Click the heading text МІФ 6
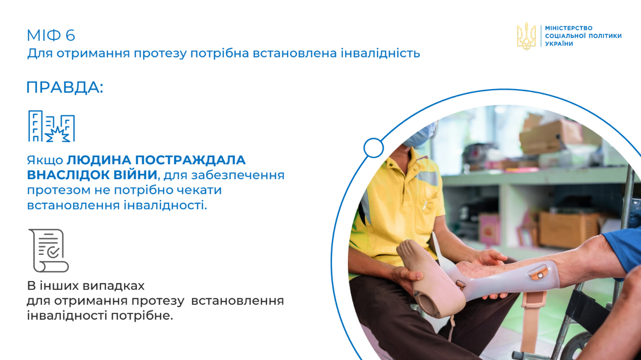[x=50, y=35]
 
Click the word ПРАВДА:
[x=64, y=87]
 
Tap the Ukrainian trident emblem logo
[x=526, y=36]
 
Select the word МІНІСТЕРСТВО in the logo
[x=569, y=28]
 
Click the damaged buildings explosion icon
[x=52, y=126]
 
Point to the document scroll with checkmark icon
[x=49, y=251]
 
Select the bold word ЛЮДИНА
[x=99, y=160]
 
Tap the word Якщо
[x=45, y=160]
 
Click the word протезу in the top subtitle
[x=160, y=54]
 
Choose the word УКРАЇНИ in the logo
[x=559, y=43]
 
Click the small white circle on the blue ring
[x=373, y=148]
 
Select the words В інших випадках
[x=86, y=285]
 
